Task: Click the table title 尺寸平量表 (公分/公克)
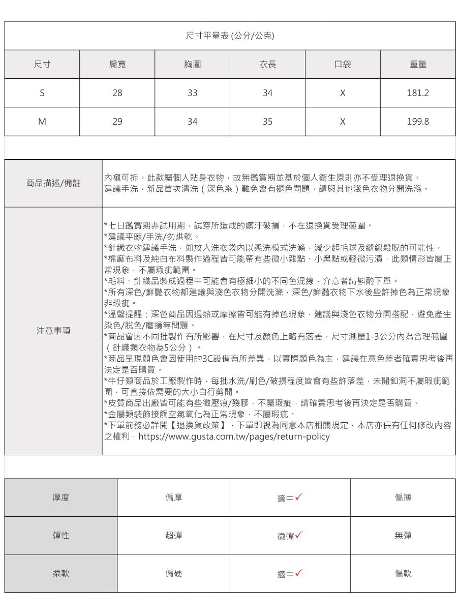tap(230, 36)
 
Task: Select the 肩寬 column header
tap(117, 64)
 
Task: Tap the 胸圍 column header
tap(193, 64)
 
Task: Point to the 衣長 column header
tap(268, 64)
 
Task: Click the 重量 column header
tap(418, 64)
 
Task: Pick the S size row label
tap(42, 93)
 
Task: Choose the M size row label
tap(42, 122)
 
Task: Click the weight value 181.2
tap(418, 93)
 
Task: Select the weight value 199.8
tap(418, 122)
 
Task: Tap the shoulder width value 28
tap(117, 93)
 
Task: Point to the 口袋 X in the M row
tap(343, 122)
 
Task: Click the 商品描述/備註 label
tap(53, 183)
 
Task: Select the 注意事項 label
tap(53, 331)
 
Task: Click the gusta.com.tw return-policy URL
tap(234, 436)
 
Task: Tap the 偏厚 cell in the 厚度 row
tap(173, 498)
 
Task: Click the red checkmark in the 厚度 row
tap(299, 497)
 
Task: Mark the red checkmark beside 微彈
tap(299, 535)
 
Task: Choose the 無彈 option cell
tap(403, 535)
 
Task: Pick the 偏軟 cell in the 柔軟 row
tap(403, 573)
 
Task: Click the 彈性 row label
tap(61, 535)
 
